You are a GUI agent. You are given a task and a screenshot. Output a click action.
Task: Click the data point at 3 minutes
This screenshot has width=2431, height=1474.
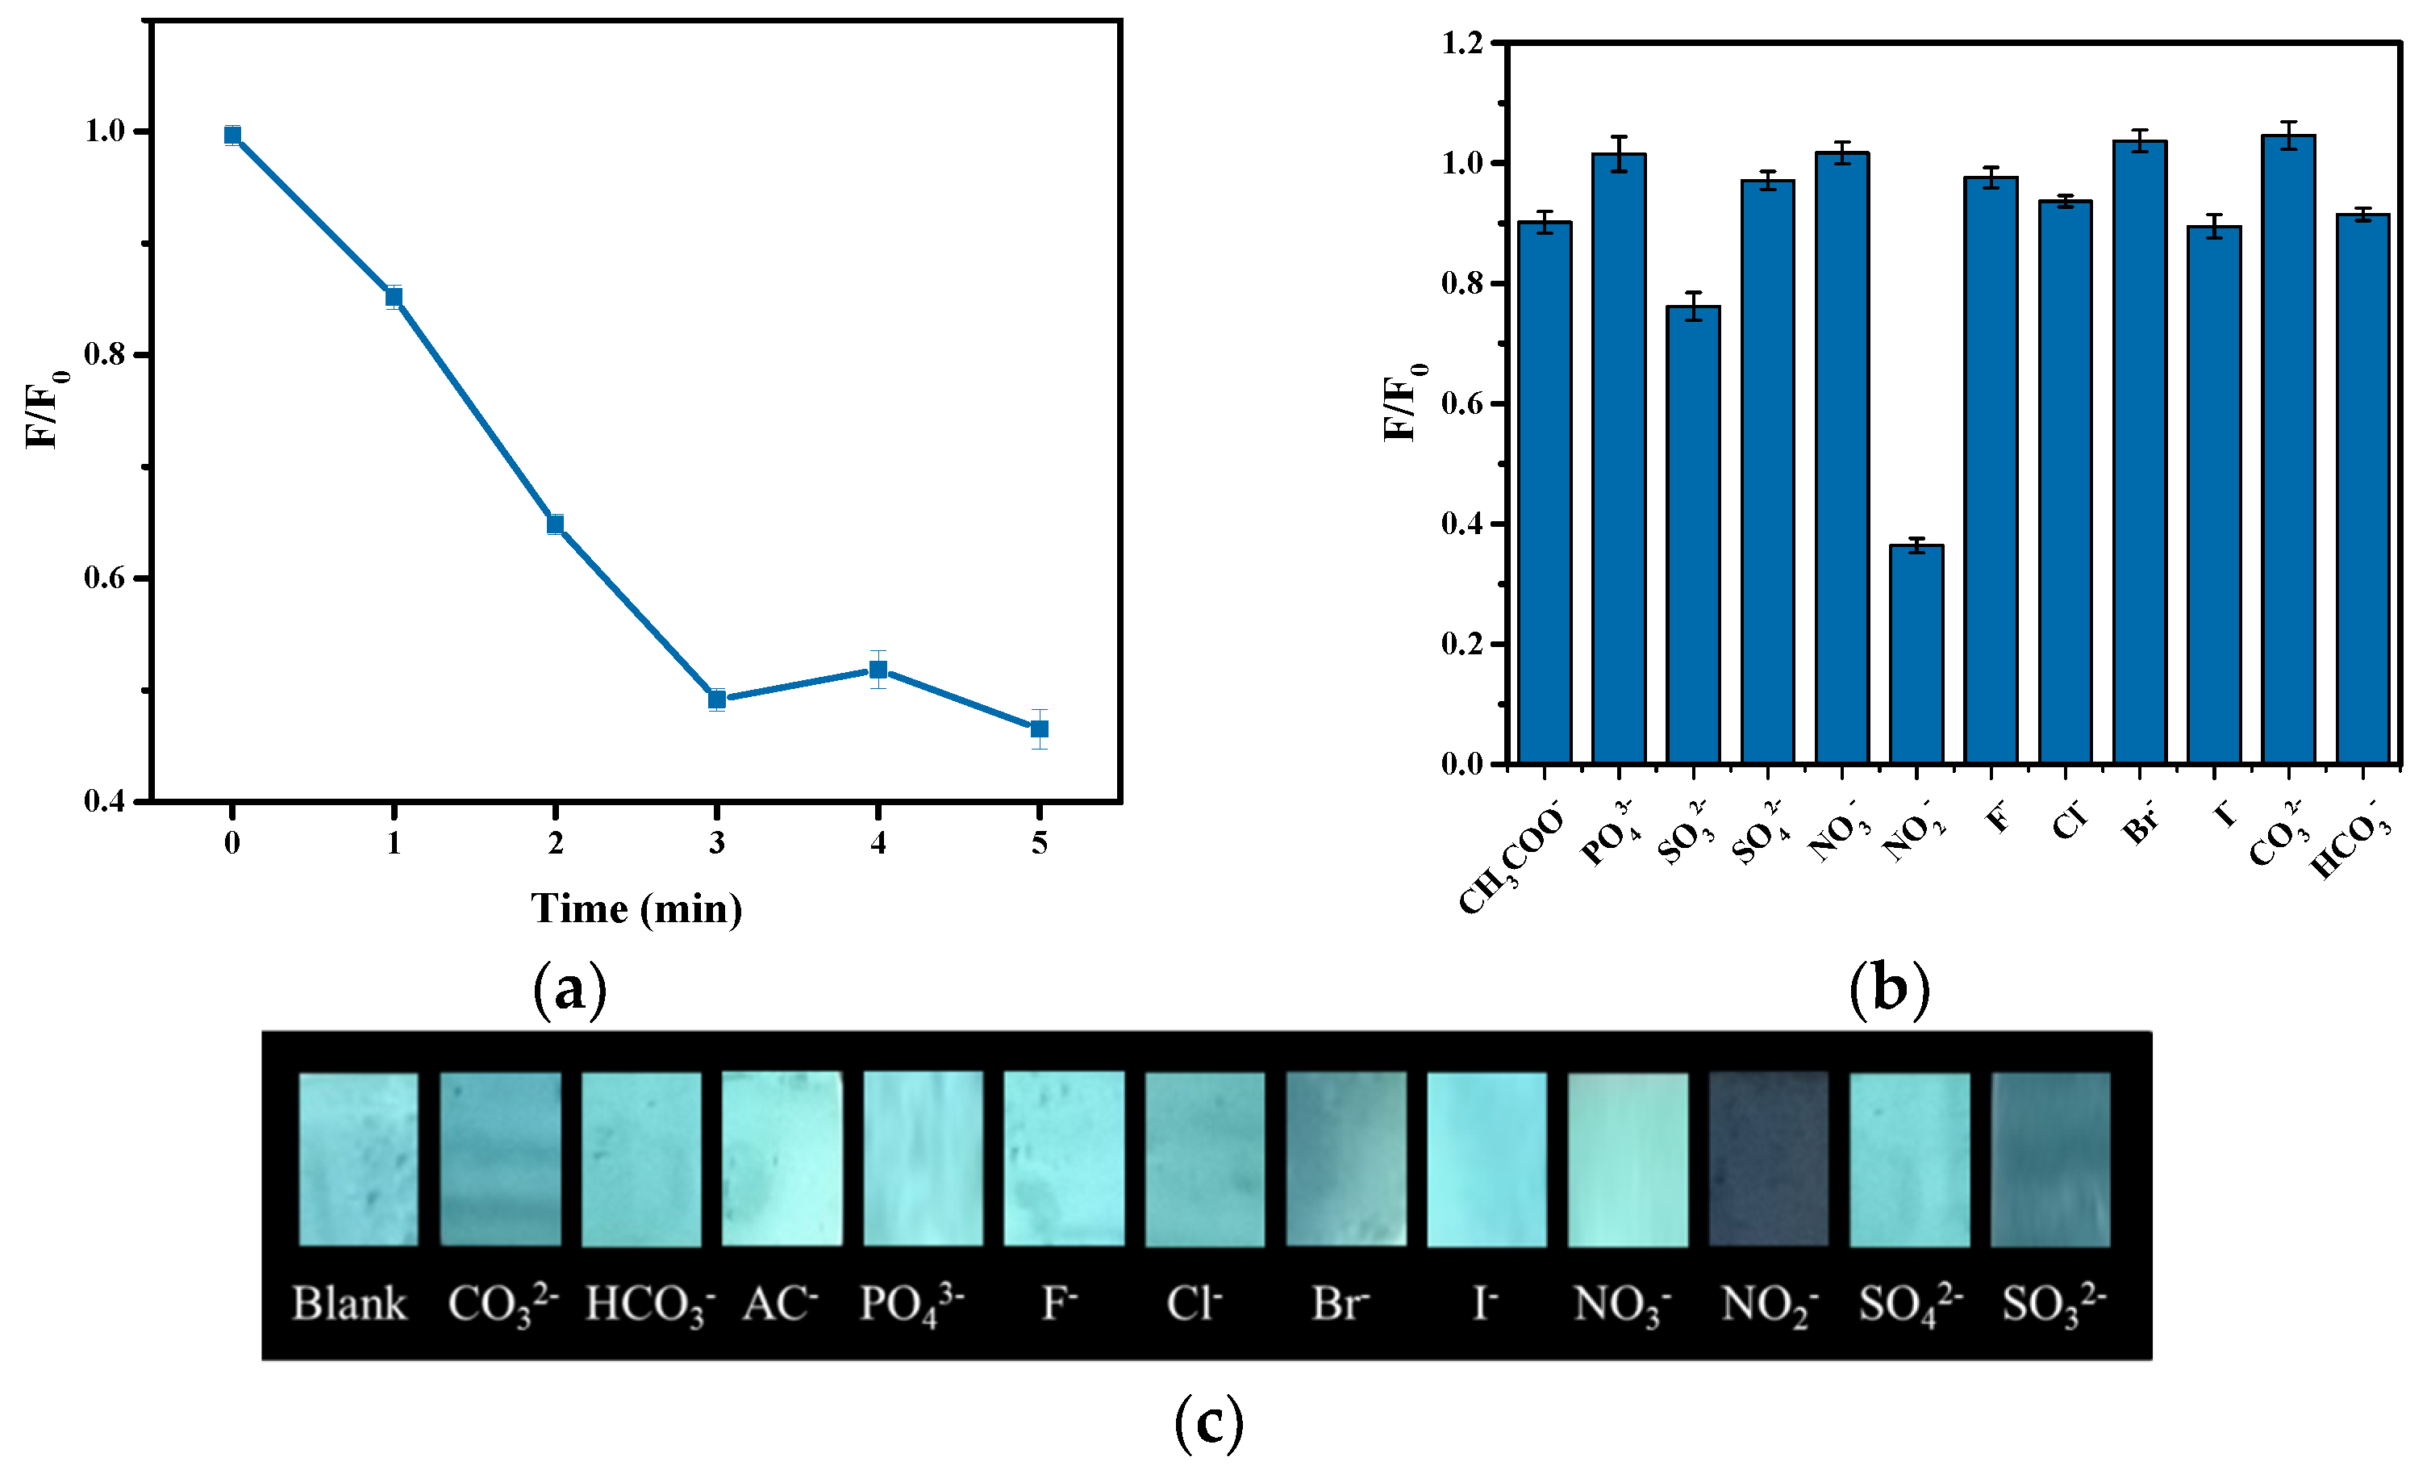tap(717, 699)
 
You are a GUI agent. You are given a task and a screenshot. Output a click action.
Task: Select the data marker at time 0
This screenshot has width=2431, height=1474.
tap(231, 136)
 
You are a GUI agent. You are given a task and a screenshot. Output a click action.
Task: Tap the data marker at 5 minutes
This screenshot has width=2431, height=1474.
tap(1039, 729)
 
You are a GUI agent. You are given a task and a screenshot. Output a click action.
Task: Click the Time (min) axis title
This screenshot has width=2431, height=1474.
tap(636, 908)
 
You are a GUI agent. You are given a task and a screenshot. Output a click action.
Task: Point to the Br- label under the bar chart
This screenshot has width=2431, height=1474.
tap(2139, 825)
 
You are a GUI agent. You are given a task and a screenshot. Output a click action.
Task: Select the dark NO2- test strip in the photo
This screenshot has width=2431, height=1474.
tap(1768, 1159)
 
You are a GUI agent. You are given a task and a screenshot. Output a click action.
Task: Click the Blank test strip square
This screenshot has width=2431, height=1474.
tap(358, 1159)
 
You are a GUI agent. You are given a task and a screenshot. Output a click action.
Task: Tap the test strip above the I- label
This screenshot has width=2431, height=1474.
tap(1486, 1159)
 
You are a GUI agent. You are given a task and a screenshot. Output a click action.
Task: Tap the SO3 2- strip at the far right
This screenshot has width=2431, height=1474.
tap(2050, 1159)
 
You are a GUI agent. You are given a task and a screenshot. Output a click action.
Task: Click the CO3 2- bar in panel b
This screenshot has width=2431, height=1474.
tap(2288, 449)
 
